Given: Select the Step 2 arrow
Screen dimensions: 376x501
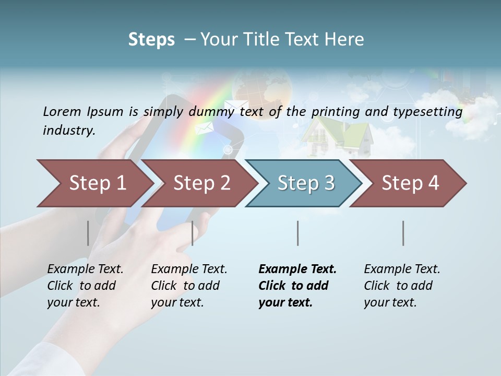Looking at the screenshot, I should tap(201, 183).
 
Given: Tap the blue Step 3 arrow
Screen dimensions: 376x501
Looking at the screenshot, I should tap(305, 183).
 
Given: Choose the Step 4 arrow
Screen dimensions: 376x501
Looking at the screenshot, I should tap(410, 183).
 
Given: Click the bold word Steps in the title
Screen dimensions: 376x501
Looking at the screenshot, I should tap(151, 39).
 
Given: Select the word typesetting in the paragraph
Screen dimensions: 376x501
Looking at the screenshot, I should tap(431, 112).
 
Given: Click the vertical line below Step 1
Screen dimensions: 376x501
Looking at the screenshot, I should tap(88, 233).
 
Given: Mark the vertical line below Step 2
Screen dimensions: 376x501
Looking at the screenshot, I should tap(193, 233).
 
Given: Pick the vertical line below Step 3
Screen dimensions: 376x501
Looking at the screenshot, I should tap(298, 233).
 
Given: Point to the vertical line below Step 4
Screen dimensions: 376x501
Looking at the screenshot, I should tap(403, 233).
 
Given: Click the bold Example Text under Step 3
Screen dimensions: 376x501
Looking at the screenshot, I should tap(297, 269).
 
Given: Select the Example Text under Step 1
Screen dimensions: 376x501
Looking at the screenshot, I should tap(85, 269).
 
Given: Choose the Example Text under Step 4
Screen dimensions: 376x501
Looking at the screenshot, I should tap(402, 269).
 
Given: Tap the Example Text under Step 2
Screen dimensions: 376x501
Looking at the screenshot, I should tap(189, 269).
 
